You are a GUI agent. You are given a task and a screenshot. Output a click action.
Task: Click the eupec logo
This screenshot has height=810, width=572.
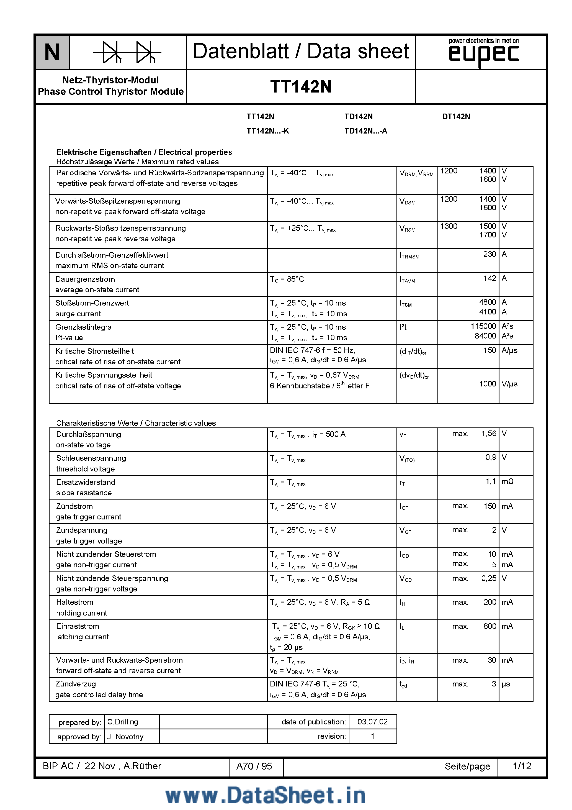[483, 54]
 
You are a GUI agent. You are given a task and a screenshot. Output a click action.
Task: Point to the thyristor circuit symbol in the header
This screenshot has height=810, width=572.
[127, 52]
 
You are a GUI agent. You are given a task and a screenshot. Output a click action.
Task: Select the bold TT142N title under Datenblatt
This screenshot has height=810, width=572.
[301, 87]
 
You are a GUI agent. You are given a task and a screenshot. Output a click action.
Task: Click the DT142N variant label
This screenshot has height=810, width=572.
[456, 116]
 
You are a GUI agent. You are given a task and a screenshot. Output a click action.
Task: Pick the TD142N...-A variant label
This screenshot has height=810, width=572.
[366, 131]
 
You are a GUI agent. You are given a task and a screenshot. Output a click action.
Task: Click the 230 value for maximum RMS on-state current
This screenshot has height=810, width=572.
[489, 254]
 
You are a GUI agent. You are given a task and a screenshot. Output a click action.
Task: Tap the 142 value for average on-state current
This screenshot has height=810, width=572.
[489, 278]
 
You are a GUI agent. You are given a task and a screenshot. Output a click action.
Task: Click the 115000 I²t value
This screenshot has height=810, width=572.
[483, 326]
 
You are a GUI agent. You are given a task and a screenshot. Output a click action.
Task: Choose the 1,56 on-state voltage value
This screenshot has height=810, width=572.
[488, 434]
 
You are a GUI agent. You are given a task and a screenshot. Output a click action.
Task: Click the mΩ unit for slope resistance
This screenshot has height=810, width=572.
[507, 481]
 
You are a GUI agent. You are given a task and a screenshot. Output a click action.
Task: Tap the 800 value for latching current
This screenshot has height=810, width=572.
[489, 626]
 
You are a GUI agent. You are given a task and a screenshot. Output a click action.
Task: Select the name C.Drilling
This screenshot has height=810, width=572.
[123, 722]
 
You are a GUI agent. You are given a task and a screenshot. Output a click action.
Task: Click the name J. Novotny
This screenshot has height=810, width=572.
[125, 737]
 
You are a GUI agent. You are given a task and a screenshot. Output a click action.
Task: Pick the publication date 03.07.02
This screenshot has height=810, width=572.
[372, 722]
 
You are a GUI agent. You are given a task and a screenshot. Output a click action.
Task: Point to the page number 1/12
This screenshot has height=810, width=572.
[522, 766]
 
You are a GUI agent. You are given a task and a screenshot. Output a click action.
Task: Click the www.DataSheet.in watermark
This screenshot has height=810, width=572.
[265, 796]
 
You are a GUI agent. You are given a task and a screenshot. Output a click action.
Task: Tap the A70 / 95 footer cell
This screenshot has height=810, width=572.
[254, 766]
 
